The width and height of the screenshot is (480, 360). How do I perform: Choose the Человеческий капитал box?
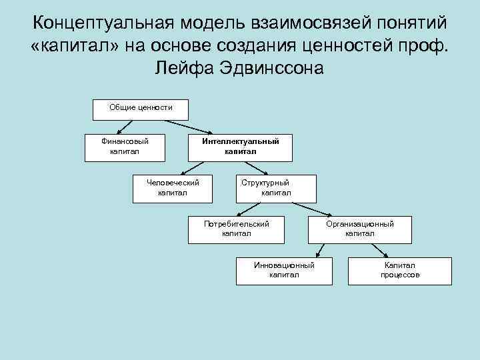point(172,188)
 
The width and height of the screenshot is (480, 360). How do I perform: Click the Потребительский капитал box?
point(237,229)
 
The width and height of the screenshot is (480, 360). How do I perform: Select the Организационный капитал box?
point(359,229)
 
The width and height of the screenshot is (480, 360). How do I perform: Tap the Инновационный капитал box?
point(284,271)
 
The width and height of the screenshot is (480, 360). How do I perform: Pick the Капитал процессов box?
point(400,271)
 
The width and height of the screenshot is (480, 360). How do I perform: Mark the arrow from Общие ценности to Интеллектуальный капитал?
point(187,127)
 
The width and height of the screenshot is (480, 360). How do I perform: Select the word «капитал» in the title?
point(73,46)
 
